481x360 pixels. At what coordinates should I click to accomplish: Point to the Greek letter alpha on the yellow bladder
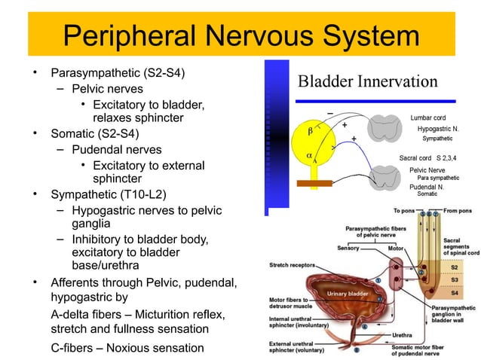point(308,156)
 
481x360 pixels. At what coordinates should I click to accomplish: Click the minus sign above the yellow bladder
point(329,113)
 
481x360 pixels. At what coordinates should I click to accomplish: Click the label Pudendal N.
point(426,185)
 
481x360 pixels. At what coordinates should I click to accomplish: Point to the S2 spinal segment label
point(453,267)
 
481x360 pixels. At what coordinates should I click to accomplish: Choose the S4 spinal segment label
point(453,293)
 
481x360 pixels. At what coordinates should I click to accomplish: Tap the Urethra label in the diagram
point(402,334)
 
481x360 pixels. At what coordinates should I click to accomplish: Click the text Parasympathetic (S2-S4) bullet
point(118,74)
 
